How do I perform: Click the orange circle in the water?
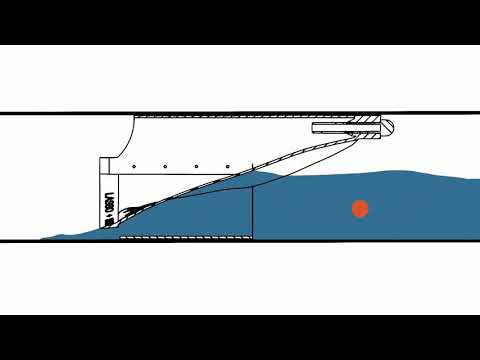[x=360, y=208]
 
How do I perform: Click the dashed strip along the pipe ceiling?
[x=250, y=117]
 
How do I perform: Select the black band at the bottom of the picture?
[x=240, y=337]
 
